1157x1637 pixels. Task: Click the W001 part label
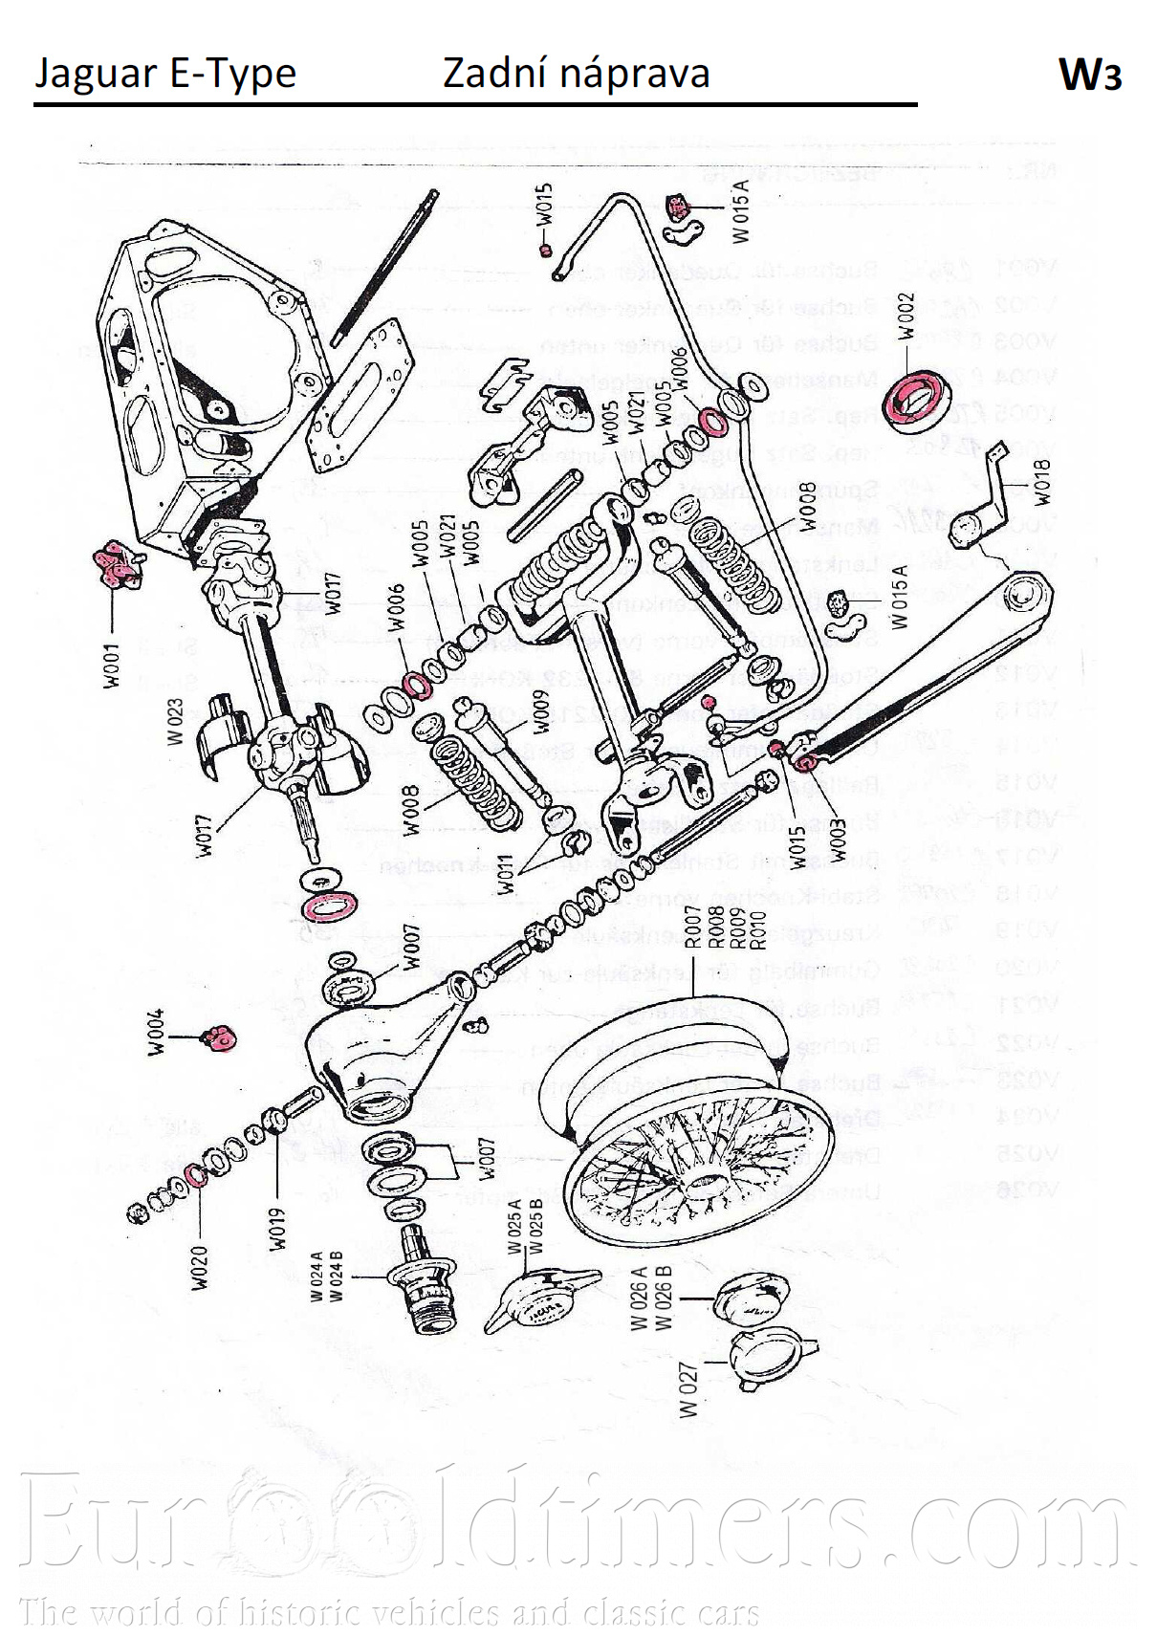point(113,665)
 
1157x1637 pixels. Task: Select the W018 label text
point(1041,482)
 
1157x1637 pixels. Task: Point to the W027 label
point(688,1388)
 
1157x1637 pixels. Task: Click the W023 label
point(175,720)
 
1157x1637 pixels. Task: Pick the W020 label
point(199,1267)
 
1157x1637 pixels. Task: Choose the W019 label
point(276,1229)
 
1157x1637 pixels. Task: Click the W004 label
point(156,1033)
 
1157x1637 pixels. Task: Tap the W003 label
point(838,840)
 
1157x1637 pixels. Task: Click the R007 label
point(693,926)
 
